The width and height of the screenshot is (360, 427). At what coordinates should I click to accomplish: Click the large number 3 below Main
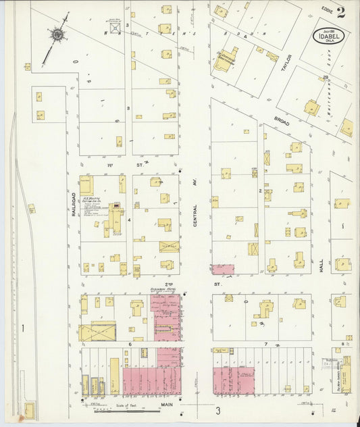(x=218, y=411)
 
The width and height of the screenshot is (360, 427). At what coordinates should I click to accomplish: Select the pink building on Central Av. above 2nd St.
(x=222, y=269)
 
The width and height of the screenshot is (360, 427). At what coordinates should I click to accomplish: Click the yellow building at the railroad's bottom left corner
(x=30, y=409)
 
